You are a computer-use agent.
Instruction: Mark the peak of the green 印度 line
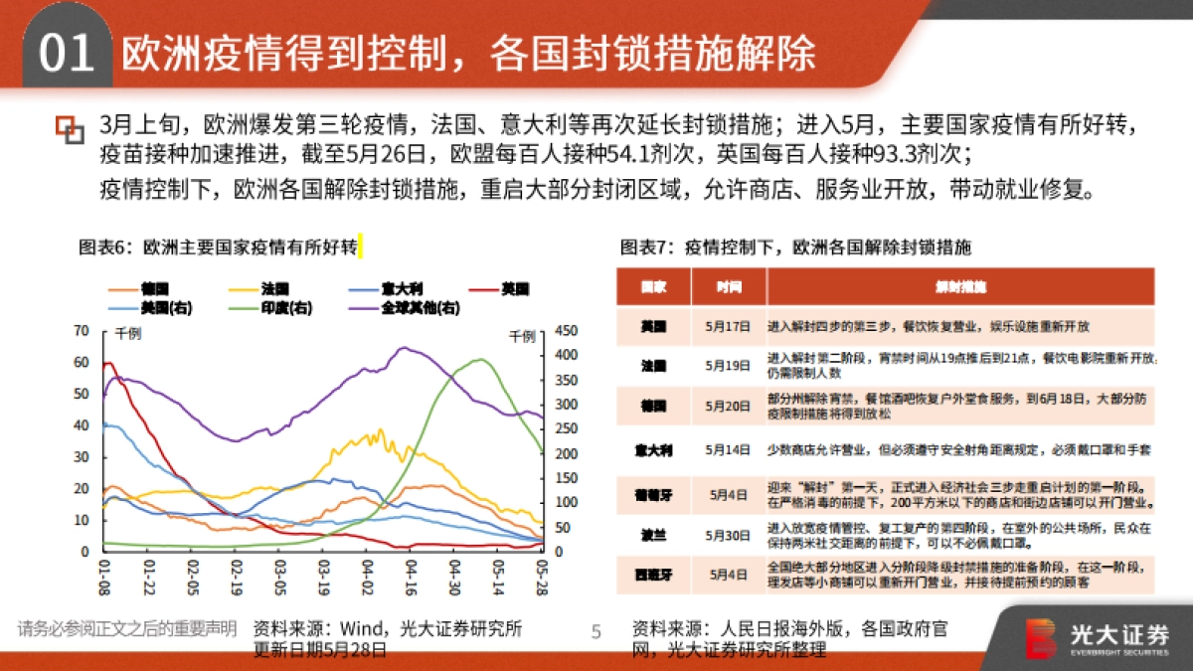[480, 359]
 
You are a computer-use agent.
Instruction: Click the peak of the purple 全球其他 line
[403, 348]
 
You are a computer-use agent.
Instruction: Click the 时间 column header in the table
[729, 287]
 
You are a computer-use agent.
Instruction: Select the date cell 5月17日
[729, 326]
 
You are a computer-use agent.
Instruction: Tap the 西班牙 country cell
[653, 574]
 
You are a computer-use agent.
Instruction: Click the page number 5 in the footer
[596, 630]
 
